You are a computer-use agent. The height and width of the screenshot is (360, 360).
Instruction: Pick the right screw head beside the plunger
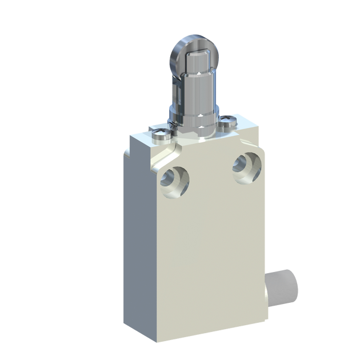click(x=230, y=122)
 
